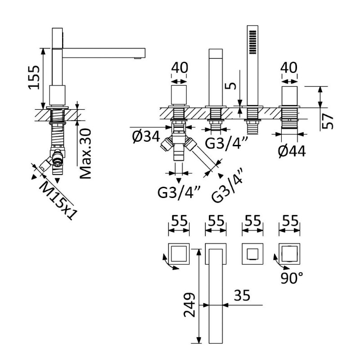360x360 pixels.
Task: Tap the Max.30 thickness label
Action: click(x=85, y=153)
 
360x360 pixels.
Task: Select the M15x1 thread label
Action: click(x=58, y=199)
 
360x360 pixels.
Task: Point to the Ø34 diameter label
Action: click(x=146, y=137)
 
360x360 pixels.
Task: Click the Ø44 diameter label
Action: click(x=292, y=151)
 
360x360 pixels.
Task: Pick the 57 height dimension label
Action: click(x=327, y=121)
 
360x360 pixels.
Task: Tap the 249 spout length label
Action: click(x=189, y=305)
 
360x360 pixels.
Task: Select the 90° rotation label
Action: click(x=292, y=278)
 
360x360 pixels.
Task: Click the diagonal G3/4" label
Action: click(x=227, y=185)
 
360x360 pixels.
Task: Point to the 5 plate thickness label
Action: click(x=232, y=86)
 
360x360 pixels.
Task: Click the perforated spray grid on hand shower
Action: click(x=252, y=42)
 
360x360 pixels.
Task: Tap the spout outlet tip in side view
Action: click(x=138, y=58)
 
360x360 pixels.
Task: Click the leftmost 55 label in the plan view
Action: click(x=180, y=221)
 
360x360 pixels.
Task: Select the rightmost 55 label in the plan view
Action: click(x=290, y=221)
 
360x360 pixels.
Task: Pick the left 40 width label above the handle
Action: click(x=180, y=68)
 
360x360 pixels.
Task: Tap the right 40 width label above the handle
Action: click(x=289, y=68)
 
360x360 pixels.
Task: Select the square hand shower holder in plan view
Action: click(x=252, y=254)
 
